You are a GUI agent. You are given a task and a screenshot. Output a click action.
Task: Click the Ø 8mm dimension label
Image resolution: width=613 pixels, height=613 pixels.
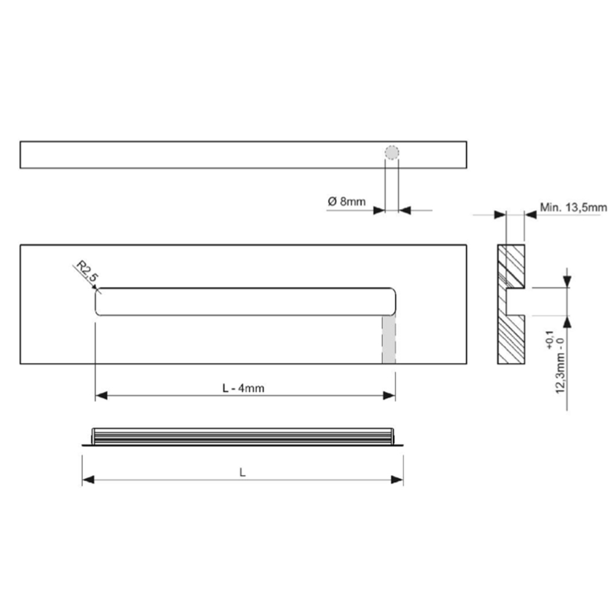(347, 202)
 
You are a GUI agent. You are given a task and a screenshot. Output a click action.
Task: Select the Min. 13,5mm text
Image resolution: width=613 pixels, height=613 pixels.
(574, 207)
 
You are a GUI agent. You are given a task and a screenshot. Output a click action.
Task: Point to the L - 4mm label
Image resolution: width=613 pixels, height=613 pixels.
(243, 388)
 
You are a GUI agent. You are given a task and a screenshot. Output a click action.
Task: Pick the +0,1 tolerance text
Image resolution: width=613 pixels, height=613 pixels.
(550, 340)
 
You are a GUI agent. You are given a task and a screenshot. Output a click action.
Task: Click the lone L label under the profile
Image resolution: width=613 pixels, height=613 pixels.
(242, 473)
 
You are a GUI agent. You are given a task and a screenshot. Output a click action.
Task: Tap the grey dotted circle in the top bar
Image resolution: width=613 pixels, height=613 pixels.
(392, 153)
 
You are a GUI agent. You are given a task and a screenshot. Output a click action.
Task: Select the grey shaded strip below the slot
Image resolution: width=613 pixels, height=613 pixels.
(389, 340)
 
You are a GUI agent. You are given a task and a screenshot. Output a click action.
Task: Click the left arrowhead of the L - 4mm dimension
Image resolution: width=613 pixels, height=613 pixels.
(101, 395)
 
